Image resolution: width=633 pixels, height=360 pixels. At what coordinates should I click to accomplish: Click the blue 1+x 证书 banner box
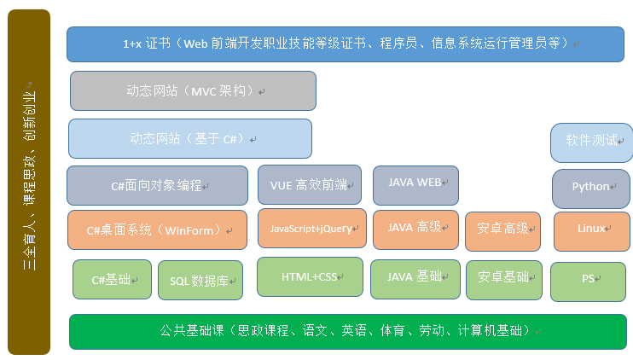(346, 44)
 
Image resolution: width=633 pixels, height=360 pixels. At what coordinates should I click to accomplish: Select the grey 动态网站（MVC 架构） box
(193, 90)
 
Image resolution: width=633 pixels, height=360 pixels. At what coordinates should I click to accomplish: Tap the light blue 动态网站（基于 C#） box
(190, 138)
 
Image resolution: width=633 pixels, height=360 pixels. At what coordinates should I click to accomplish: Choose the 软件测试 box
(592, 142)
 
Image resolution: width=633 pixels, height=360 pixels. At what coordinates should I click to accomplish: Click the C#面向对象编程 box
(158, 186)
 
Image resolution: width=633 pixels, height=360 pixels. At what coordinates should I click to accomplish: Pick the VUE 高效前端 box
(310, 185)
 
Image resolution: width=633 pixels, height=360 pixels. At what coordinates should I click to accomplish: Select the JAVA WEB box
(415, 186)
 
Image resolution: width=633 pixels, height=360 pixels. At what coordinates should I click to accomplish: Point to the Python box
(591, 189)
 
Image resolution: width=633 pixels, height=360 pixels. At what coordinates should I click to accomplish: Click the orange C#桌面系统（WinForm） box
(158, 230)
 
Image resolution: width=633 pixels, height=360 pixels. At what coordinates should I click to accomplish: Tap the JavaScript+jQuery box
(312, 229)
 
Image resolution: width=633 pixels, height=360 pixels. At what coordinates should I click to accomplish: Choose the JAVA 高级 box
(415, 230)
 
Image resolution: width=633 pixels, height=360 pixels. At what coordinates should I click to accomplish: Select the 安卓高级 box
(503, 232)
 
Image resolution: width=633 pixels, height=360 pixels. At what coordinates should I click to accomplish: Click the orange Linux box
(592, 232)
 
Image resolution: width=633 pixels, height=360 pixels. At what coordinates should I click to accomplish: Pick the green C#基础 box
(113, 279)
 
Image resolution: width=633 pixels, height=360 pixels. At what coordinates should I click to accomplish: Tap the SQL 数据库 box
(200, 280)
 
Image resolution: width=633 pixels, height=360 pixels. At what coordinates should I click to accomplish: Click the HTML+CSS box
(310, 277)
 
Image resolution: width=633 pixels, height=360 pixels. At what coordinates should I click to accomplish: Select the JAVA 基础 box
(415, 279)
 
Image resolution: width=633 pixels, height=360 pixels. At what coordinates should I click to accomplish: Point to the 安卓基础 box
(504, 280)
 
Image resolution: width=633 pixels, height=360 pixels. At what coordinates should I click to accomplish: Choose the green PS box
(588, 282)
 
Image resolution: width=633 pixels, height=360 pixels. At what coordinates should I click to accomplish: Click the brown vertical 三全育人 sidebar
(29, 183)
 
